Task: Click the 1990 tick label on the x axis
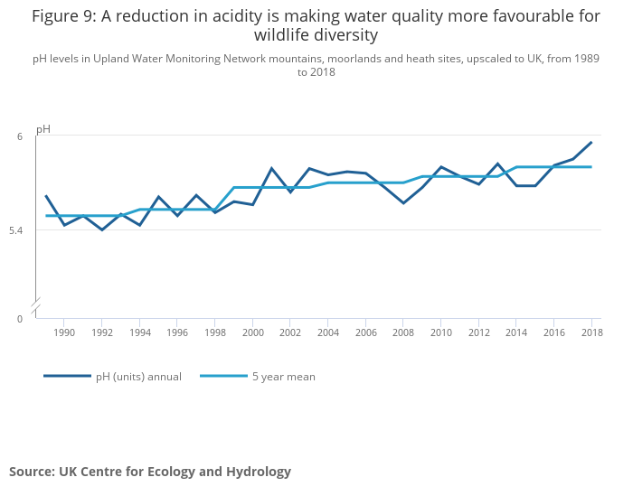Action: (64, 332)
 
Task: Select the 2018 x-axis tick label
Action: (591, 332)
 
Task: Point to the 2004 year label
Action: (327, 332)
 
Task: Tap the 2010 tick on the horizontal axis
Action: (440, 332)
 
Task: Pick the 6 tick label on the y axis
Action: (19, 136)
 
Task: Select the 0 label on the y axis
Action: (19, 319)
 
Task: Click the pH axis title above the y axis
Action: (43, 129)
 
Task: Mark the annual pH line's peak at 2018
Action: (591, 142)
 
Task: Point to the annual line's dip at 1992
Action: (102, 229)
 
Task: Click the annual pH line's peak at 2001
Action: (271, 168)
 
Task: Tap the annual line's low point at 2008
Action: (403, 203)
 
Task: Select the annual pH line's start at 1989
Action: (46, 195)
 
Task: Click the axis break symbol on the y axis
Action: (36, 307)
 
